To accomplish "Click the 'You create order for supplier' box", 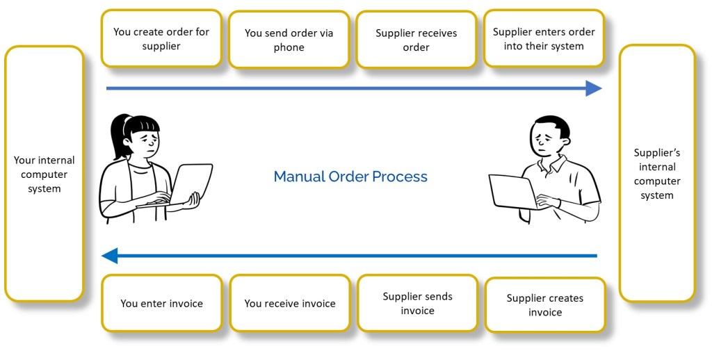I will point(161,39).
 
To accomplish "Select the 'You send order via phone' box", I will point(289,40).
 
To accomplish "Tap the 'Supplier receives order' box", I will point(416,40).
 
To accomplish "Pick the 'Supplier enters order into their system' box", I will point(544,39).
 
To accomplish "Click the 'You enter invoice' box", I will point(162,303).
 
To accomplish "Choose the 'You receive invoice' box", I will point(290,303).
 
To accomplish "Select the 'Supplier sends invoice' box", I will point(417,303).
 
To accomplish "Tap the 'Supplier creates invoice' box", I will point(544,305).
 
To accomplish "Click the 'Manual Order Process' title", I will point(350,177).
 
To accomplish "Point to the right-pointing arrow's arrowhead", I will point(593,88).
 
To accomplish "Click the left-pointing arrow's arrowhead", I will point(110,256).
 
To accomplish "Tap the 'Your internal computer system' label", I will point(44,174).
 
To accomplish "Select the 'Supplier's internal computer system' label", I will point(657,174).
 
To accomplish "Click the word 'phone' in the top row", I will point(289,47).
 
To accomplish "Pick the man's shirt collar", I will point(553,164).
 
